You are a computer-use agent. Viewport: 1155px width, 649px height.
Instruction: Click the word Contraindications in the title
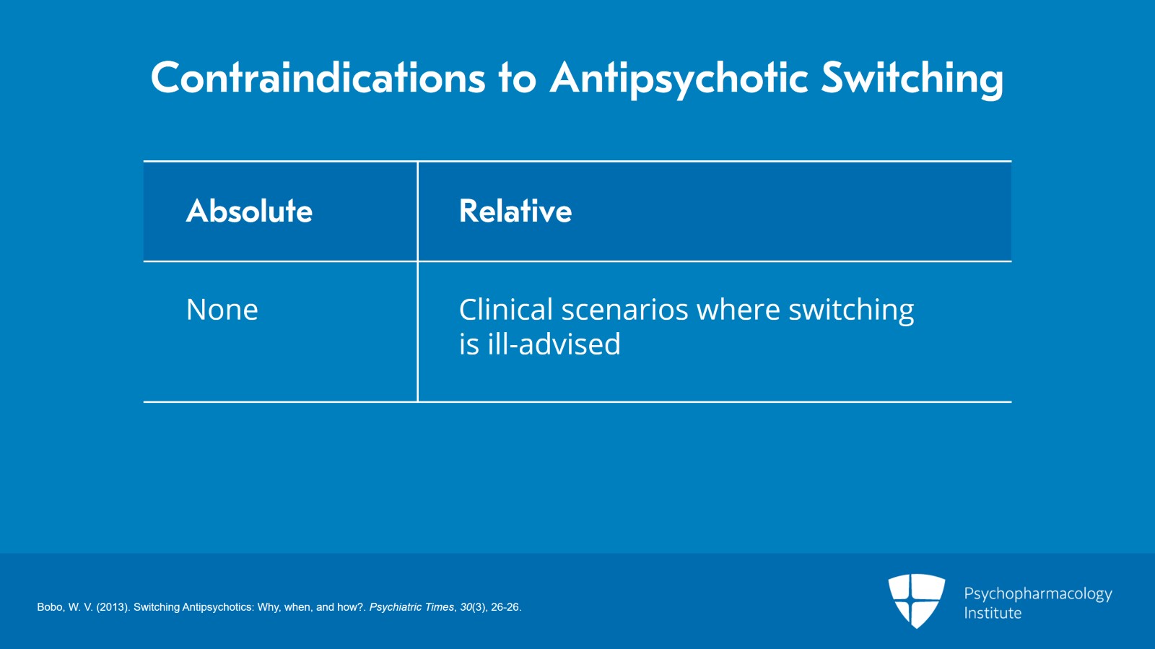coord(318,77)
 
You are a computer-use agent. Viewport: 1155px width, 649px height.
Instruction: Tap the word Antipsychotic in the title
coord(679,79)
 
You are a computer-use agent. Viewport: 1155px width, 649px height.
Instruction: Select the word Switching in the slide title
coord(912,79)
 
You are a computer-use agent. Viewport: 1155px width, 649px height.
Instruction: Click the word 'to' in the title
coord(517,77)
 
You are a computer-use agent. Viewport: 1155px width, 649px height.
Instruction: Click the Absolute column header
coord(249,211)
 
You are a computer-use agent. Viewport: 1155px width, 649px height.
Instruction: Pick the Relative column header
coord(515,211)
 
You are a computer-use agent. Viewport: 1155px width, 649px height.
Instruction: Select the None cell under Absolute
coord(222,310)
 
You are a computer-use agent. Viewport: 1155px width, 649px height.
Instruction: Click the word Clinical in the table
coord(506,310)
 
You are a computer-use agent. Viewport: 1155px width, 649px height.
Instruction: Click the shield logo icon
coord(916,600)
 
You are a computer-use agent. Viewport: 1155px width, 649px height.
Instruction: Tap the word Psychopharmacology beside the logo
coord(1037,594)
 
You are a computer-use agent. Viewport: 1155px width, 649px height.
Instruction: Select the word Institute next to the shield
coord(993,613)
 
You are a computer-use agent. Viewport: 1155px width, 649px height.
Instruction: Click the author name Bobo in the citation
coord(50,607)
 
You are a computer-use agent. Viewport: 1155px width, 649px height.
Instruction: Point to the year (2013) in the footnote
coord(113,607)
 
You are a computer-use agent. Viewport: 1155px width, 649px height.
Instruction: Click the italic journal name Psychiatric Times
coord(411,607)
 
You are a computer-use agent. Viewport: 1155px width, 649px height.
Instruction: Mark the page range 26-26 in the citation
coord(505,607)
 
